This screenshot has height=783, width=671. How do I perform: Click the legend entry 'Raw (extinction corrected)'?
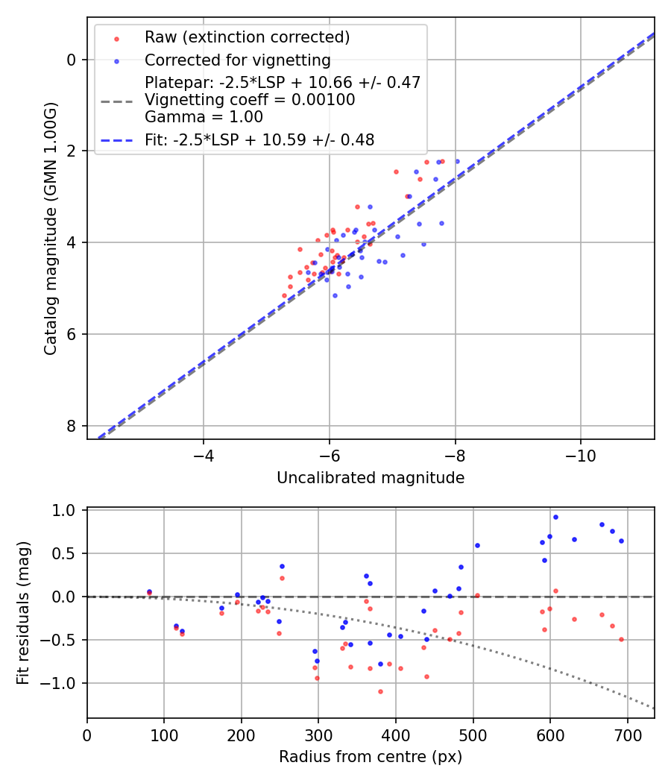(x=247, y=37)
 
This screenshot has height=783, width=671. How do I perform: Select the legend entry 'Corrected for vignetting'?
(x=238, y=60)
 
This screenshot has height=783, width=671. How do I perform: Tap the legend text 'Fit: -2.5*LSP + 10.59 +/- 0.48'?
(x=259, y=139)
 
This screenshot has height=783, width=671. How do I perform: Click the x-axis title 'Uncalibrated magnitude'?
(x=371, y=478)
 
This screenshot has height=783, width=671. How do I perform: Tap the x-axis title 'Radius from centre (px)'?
(x=371, y=757)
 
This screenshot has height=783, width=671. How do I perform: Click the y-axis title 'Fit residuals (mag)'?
(x=23, y=613)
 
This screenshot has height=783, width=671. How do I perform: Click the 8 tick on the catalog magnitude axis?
(x=72, y=426)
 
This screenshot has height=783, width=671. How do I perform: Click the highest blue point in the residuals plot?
(x=555, y=517)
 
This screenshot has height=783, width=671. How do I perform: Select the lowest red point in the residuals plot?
(x=380, y=691)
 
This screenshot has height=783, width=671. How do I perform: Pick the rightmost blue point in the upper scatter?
(x=457, y=161)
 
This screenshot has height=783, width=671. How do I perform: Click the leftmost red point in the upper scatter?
(x=284, y=296)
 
